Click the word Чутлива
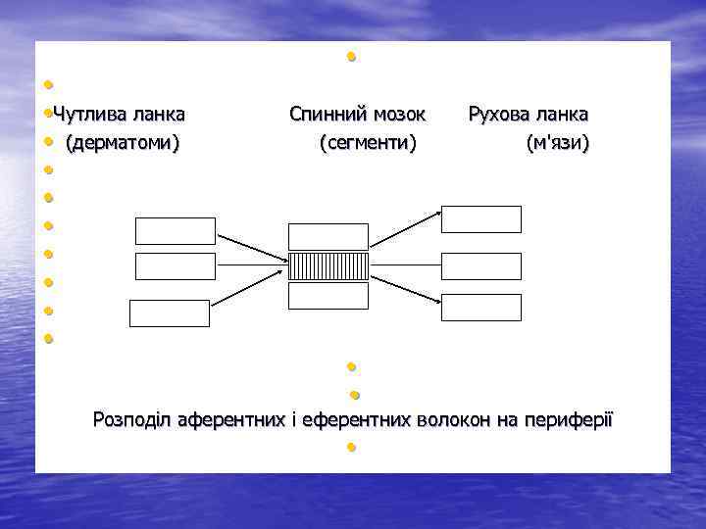91,115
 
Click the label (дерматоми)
123,144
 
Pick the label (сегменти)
368,144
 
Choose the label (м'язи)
557,144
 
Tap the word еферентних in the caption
357,420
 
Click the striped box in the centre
328,265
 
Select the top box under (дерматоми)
175,231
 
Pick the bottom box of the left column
170,313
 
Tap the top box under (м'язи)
480,219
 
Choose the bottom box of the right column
480,308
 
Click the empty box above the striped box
328,236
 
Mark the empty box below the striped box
328,295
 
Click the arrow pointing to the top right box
404,235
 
